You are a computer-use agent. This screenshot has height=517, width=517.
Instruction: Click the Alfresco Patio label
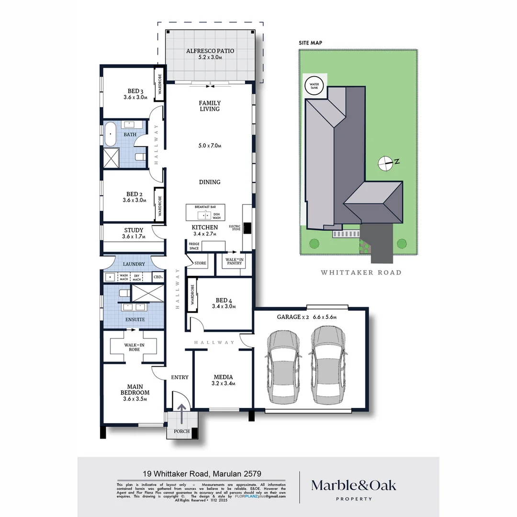click(x=210, y=51)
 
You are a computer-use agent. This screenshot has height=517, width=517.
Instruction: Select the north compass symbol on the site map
click(x=386, y=163)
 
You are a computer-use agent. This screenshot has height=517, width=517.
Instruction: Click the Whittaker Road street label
click(x=360, y=272)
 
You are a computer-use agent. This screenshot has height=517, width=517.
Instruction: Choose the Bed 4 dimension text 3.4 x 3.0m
click(x=224, y=306)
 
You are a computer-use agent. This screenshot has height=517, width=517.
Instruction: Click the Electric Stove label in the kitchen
click(x=235, y=227)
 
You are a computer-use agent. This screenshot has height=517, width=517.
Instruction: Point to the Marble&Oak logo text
click(x=354, y=485)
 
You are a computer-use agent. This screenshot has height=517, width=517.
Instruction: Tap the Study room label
click(x=134, y=230)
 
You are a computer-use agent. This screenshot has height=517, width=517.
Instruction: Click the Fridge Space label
click(x=194, y=246)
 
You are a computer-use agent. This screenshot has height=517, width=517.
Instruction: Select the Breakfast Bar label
click(x=205, y=206)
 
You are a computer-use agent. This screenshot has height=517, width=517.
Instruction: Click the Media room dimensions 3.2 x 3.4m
click(x=224, y=383)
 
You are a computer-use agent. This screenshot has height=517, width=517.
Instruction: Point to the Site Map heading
click(x=310, y=43)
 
